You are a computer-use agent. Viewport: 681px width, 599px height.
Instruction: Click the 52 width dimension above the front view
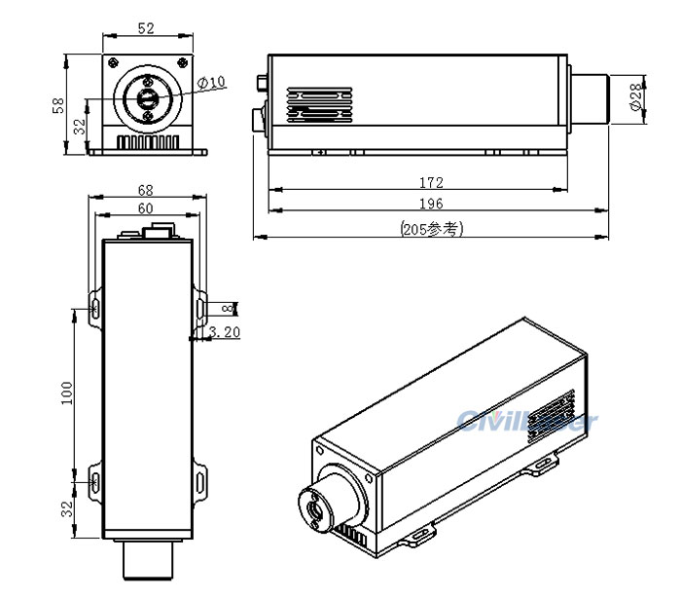146,29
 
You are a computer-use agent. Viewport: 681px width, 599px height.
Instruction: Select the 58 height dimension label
56,104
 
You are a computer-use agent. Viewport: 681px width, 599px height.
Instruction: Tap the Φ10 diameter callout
211,83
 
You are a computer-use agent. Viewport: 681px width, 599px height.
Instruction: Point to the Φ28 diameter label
635,98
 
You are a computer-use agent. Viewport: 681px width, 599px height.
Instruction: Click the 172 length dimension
431,182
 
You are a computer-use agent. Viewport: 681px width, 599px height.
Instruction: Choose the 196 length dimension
431,204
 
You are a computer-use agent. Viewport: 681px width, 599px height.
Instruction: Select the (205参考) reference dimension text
431,229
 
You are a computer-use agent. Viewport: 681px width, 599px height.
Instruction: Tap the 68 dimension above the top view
146,190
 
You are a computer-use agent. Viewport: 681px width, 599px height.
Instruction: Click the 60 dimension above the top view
146,208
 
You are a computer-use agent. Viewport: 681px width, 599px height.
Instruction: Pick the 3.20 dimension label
225,332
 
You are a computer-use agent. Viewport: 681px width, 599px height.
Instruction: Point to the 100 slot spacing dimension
66,392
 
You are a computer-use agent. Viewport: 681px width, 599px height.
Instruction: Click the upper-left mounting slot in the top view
96,308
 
